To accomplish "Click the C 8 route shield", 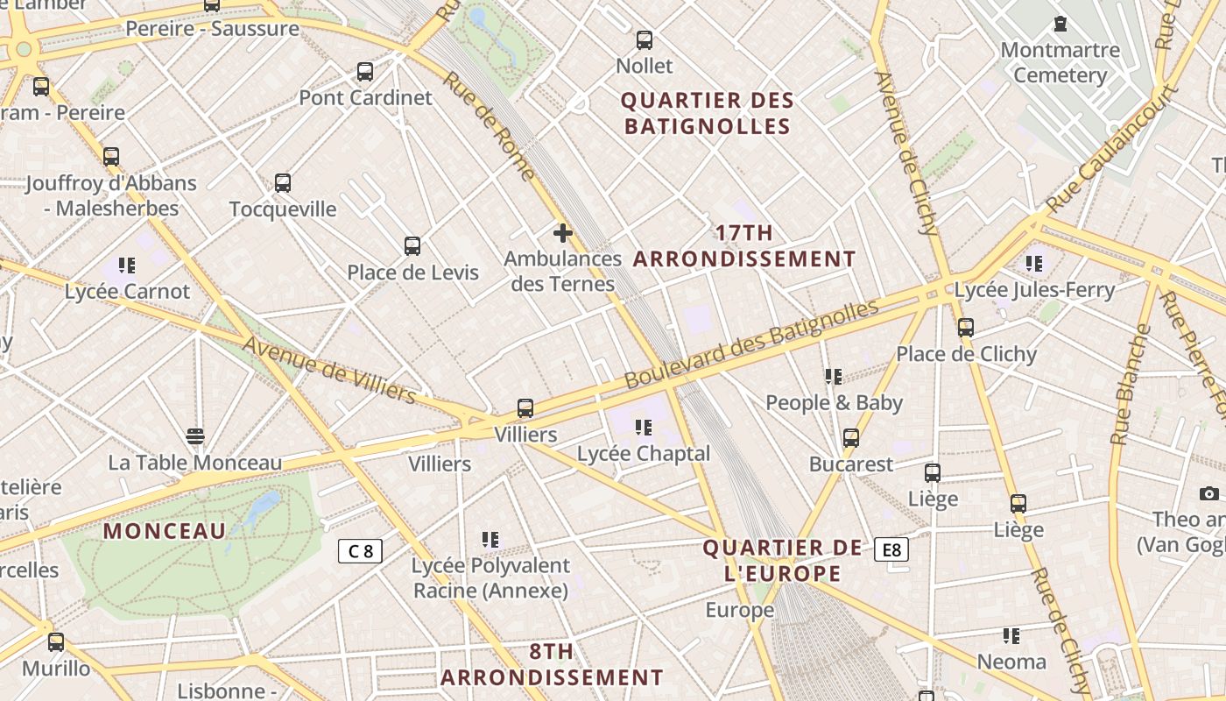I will [360, 551].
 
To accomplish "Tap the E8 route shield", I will [891, 549].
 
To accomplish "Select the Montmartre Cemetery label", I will [1060, 62].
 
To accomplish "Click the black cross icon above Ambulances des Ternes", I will [563, 233].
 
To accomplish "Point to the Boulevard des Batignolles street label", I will [750, 344].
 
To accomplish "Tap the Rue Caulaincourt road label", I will [1111, 149].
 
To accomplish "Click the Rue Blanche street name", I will [1130, 385].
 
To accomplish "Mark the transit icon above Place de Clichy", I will [965, 328].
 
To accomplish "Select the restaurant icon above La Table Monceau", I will [195, 436].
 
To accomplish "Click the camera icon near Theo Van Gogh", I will [1209, 493].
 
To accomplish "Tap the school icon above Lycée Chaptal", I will [644, 428].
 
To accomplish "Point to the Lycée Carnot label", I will [127, 291].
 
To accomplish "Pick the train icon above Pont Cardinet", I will [365, 72].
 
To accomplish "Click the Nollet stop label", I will [645, 66].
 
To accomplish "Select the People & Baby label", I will [834, 402].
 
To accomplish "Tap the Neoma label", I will [1011, 662].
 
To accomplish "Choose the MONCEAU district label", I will [165, 531].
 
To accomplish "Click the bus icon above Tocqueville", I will [282, 183].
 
